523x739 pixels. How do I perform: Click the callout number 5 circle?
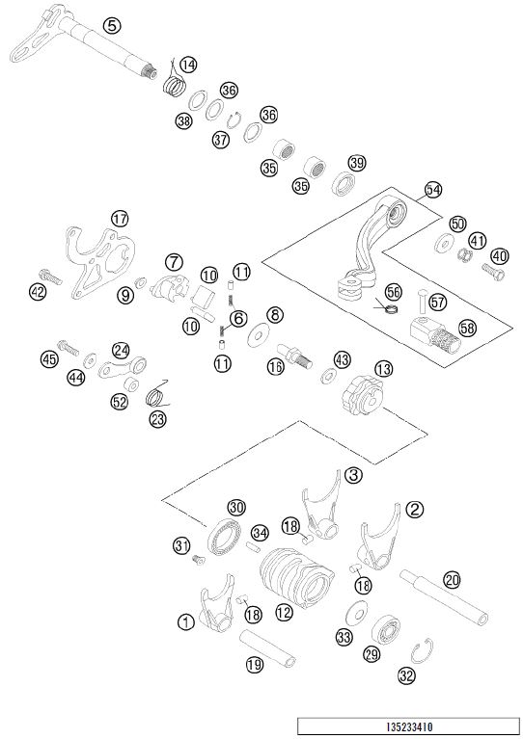coord(111,25)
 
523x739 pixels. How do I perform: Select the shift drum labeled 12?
coord(296,577)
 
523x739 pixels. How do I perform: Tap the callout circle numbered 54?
coord(433,190)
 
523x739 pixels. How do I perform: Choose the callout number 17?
coord(120,219)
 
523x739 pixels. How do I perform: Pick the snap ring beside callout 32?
coord(422,651)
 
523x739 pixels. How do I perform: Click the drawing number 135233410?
coord(409,726)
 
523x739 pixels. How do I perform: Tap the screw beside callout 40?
coord(493,272)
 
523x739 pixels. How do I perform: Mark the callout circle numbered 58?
coord(467,328)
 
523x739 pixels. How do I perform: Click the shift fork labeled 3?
coord(321,506)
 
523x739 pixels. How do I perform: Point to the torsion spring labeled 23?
coord(156,394)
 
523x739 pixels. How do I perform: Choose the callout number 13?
coord(384,369)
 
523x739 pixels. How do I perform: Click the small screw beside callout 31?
coord(199,560)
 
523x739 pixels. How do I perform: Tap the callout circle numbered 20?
coord(453,580)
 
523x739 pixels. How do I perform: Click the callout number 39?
coord(357,163)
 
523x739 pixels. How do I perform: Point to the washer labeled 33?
coord(357,612)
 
